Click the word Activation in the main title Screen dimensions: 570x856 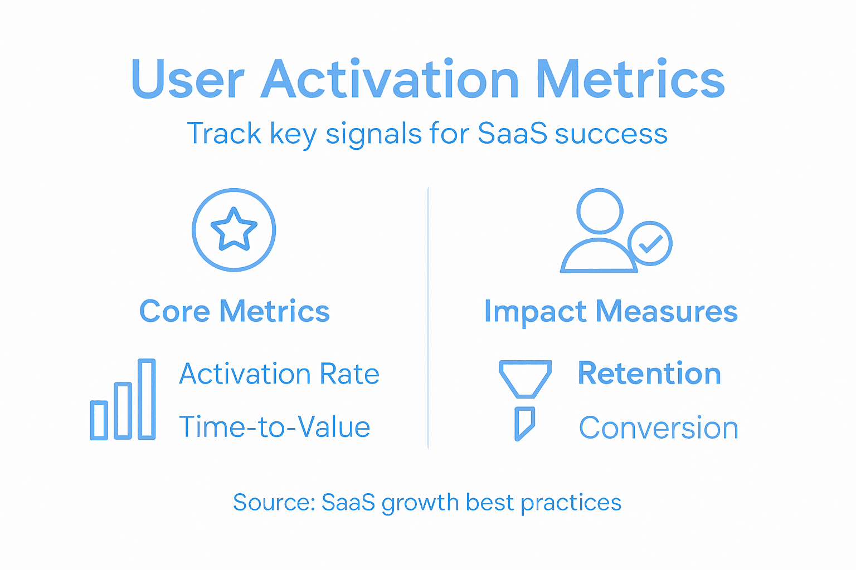[x=390, y=80]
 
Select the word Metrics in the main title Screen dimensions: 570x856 [x=630, y=80]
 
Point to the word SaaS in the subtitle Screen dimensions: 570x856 [x=512, y=134]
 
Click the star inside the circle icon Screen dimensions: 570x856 [x=234, y=229]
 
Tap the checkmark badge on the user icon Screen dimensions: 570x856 [x=650, y=244]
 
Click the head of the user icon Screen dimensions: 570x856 [x=600, y=211]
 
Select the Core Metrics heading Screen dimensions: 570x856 [x=234, y=311]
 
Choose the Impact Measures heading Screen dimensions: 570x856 [x=611, y=311]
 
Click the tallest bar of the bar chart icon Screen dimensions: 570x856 [x=147, y=399]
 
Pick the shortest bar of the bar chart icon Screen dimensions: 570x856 [x=99, y=420]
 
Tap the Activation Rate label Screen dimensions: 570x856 [x=279, y=374]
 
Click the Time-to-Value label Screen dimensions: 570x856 [x=275, y=427]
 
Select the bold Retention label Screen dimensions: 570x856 [x=649, y=374]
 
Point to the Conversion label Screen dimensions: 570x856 [x=659, y=428]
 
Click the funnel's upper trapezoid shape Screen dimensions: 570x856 [x=525, y=378]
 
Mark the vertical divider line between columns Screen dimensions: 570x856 [x=428, y=317]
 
